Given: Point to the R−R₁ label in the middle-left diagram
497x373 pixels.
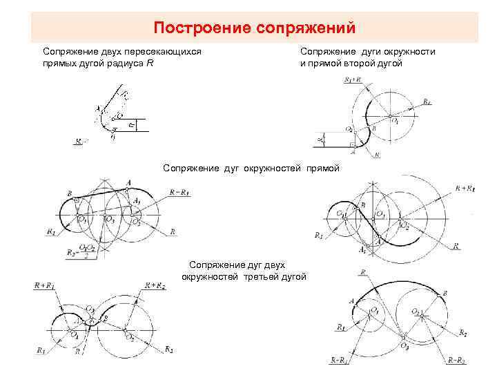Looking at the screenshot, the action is [181, 192].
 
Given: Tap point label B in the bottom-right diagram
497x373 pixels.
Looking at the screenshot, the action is [446, 294].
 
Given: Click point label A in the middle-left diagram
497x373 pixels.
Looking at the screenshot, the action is [128, 182].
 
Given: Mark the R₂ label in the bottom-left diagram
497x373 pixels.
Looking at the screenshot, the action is [168, 350].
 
